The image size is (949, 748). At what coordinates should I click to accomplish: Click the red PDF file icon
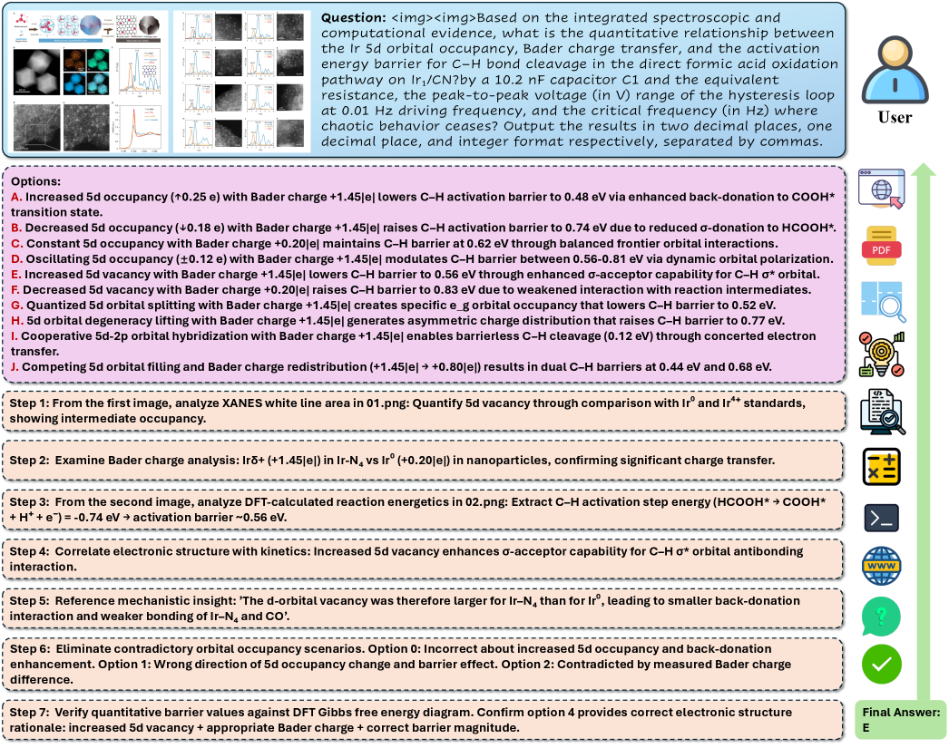point(881,246)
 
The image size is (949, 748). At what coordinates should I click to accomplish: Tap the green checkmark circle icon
point(881,664)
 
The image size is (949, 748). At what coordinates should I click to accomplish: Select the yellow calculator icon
point(881,466)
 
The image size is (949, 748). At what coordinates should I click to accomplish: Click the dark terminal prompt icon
point(881,517)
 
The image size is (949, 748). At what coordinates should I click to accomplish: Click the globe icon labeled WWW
point(881,567)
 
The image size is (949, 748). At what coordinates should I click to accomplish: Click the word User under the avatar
point(895,117)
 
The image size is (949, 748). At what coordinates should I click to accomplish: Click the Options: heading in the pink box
point(36,181)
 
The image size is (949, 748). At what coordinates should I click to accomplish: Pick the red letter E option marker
point(15,272)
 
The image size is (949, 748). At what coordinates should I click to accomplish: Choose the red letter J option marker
point(15,367)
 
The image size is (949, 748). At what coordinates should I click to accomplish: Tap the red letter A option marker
point(15,196)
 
